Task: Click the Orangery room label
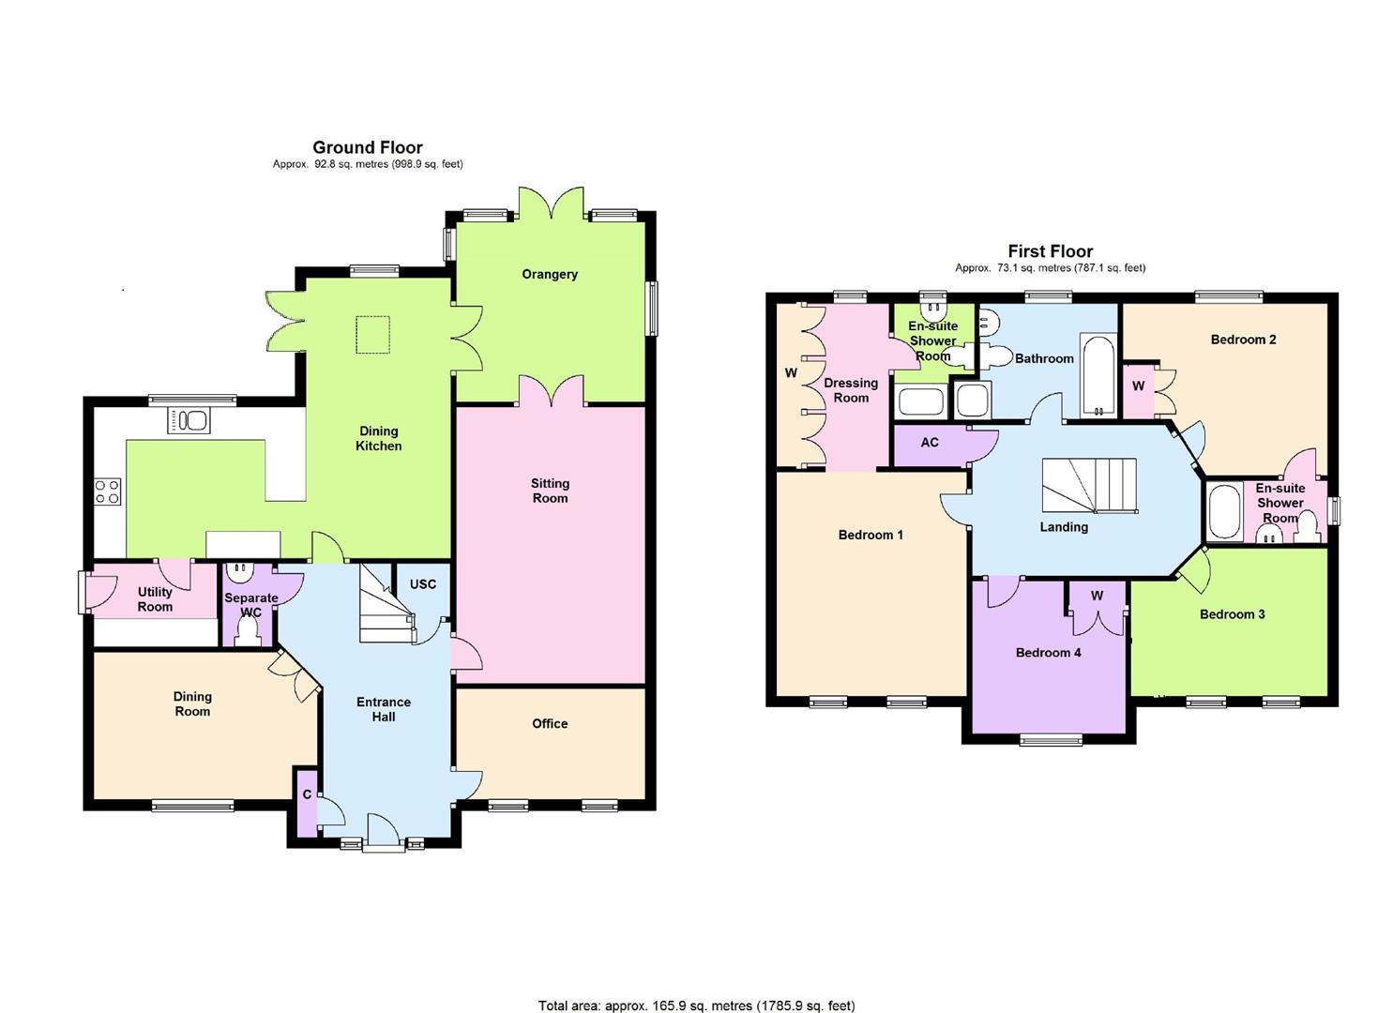tap(550, 274)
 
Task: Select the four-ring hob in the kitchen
tap(108, 491)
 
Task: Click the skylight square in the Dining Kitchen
tap(372, 335)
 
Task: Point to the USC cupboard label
tap(422, 583)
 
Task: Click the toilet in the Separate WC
tap(249, 636)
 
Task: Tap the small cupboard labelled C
tap(307, 794)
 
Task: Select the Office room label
tap(550, 723)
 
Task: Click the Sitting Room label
tap(550, 491)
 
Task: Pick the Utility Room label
tap(155, 598)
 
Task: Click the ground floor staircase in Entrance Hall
tap(385, 610)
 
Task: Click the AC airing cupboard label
tap(929, 442)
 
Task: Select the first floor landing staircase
tap(1089, 486)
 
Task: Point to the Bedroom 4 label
tap(1048, 652)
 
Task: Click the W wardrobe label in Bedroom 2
tap(1138, 386)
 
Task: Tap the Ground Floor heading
tap(367, 147)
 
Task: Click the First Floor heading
tap(1050, 251)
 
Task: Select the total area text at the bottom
tap(696, 1005)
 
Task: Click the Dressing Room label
tap(851, 390)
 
